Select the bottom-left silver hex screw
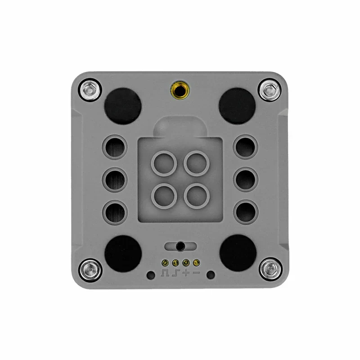tap(89, 270)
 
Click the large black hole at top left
tap(122, 105)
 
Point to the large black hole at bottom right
tap(238, 253)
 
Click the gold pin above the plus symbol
tap(185, 262)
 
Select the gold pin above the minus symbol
tap(196, 262)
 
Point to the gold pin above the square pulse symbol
tap(165, 262)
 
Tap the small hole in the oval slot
tap(180, 246)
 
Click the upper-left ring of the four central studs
tap(164, 163)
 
